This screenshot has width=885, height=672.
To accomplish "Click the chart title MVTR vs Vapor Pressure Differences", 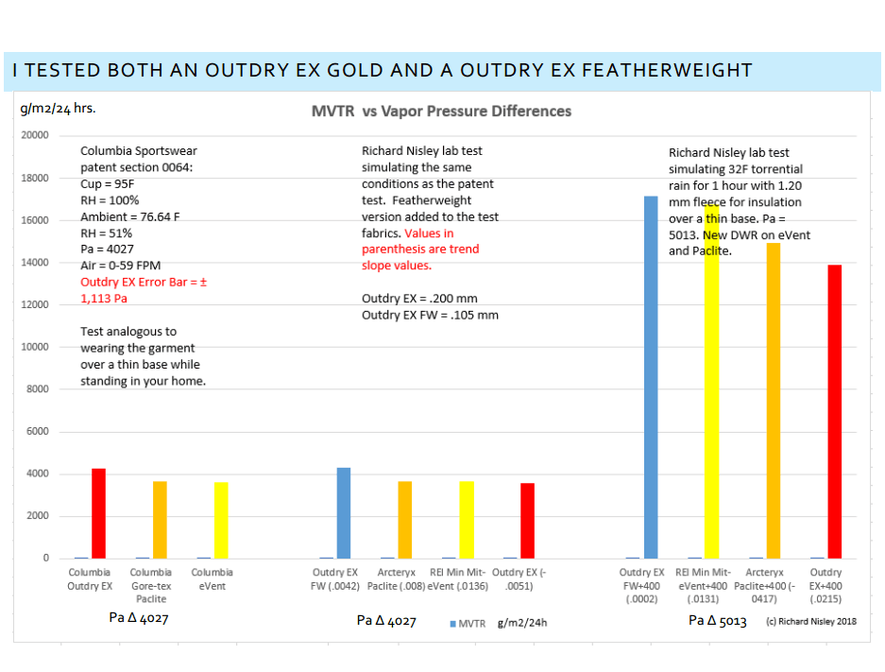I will click(x=441, y=112).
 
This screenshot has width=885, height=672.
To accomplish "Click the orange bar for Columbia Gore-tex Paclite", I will click(x=161, y=520).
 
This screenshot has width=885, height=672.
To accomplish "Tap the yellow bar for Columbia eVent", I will click(x=221, y=520).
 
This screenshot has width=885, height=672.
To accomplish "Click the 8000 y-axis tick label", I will click(x=36, y=389).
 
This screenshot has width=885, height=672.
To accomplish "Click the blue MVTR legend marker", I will click(x=453, y=624).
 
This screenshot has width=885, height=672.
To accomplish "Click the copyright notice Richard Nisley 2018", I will click(x=817, y=622).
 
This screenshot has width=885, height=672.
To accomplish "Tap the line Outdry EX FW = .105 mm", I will click(x=430, y=315).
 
